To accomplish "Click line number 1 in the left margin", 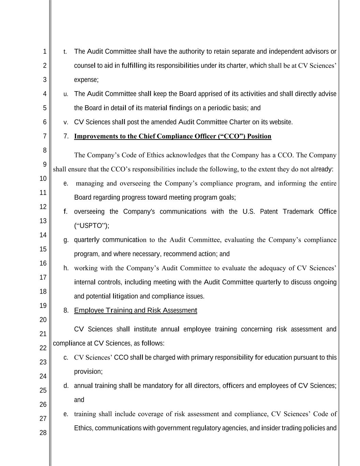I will point(44,52).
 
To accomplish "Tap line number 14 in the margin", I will point(43,235).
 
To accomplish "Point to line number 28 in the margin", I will point(43,433).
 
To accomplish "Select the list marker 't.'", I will point(65,52).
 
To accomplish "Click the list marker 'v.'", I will point(66,122).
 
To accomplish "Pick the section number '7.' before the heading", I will point(66,136).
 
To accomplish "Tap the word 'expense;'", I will point(86,80).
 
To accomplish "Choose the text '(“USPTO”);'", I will point(91,226).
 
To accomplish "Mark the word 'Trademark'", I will point(298,212).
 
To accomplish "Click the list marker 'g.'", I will point(66,240).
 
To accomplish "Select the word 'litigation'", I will point(125,296).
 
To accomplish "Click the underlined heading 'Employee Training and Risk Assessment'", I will point(135,310).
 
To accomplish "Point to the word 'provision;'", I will point(88,371).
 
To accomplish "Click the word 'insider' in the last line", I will point(270,428).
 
